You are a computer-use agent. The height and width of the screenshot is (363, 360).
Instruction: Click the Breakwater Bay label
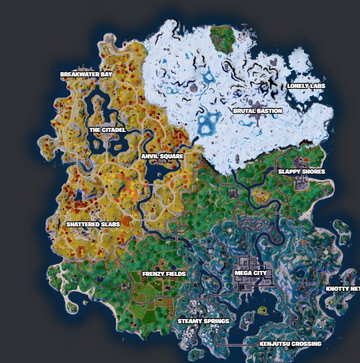(86, 74)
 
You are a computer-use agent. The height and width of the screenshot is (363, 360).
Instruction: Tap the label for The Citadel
(107, 130)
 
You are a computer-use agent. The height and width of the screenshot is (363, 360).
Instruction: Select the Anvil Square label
(162, 156)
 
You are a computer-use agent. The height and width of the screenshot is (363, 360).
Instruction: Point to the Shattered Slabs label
(93, 225)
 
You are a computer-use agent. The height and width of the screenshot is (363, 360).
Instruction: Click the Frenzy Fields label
(164, 274)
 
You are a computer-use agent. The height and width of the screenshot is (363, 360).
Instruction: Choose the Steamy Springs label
(203, 321)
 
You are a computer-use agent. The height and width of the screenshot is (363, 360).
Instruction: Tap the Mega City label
(251, 273)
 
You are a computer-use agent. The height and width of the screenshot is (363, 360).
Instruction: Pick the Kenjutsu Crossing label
(291, 344)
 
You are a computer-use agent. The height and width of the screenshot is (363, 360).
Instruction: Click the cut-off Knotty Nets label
(342, 289)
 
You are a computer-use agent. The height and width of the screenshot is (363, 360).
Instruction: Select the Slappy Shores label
(302, 172)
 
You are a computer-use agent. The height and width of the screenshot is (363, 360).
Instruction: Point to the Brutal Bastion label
(258, 111)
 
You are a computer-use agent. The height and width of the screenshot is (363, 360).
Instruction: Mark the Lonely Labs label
(306, 86)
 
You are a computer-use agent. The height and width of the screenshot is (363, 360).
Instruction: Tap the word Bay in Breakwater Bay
(106, 74)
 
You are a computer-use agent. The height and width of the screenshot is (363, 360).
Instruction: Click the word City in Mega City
(260, 273)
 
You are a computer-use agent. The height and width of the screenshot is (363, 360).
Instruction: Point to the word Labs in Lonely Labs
(318, 86)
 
